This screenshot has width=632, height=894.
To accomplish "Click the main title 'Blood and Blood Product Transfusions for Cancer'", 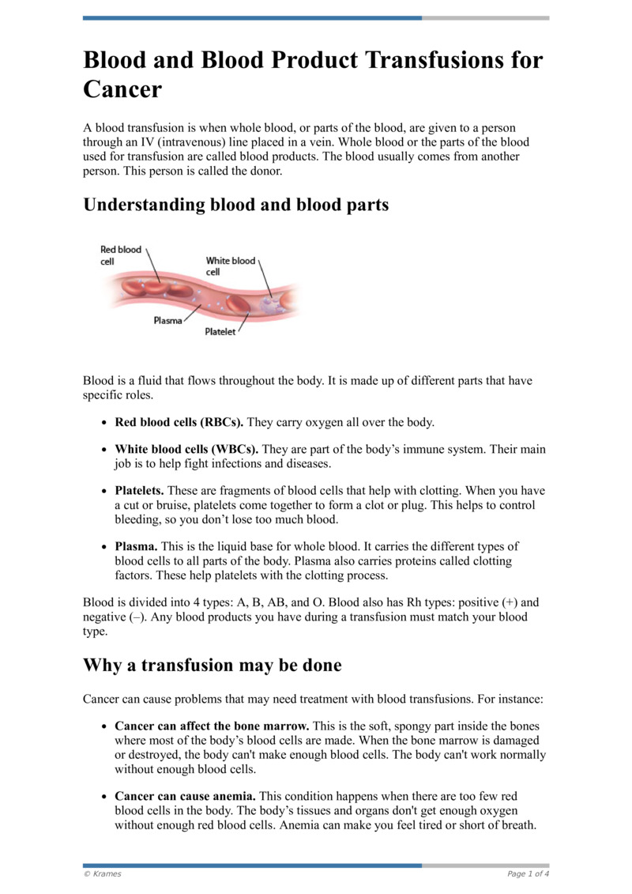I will click(313, 75).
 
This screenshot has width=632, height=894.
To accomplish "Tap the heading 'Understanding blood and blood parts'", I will click(236, 205).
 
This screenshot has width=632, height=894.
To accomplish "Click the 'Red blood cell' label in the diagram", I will click(120, 255).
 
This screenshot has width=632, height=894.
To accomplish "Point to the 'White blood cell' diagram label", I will click(230, 266).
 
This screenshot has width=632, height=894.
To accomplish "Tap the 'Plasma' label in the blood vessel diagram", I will click(167, 321).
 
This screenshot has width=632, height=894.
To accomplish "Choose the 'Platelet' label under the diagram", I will click(220, 332).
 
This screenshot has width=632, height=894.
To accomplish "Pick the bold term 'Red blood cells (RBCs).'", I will click(179, 422).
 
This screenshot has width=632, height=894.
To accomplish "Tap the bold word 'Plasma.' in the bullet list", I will click(136, 546).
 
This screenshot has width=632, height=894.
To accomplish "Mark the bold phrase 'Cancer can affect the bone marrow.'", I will click(213, 726).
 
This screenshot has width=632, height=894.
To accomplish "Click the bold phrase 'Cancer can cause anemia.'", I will click(185, 797).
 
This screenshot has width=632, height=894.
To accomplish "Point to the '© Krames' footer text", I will click(102, 873).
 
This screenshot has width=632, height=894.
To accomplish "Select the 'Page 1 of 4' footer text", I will click(528, 873).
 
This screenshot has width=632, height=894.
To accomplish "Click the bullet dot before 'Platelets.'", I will click(103, 492).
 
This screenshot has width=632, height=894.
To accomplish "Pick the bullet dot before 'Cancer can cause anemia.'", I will click(103, 798).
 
